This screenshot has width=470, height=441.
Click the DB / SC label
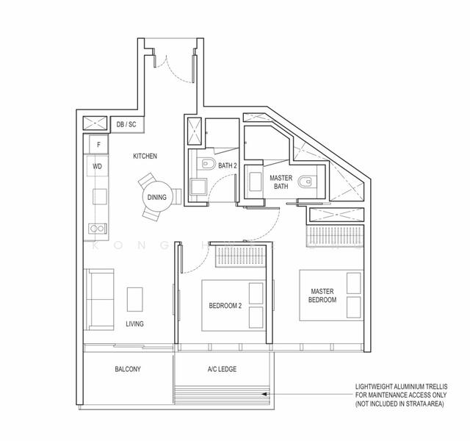(x=126, y=125)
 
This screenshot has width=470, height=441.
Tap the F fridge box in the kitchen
(x=98, y=144)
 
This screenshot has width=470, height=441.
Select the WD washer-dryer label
(x=97, y=166)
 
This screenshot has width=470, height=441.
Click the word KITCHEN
(x=145, y=156)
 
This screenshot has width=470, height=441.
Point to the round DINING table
(x=156, y=196)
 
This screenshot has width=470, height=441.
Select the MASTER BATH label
(x=281, y=182)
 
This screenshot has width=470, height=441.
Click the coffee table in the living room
(x=134, y=299)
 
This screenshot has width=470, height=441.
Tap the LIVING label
(x=134, y=323)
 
